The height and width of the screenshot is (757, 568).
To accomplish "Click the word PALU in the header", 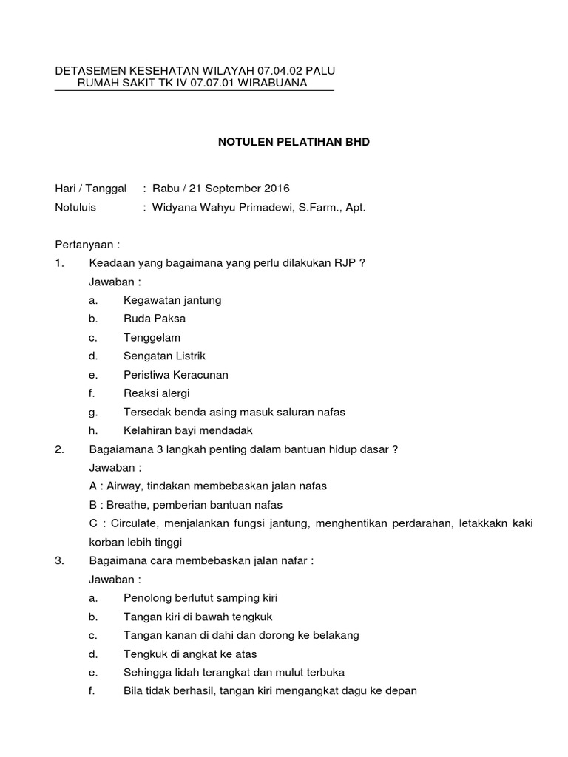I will click(320, 71).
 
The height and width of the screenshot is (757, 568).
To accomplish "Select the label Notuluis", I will click(75, 208).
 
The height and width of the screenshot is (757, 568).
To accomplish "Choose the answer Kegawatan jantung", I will click(172, 300).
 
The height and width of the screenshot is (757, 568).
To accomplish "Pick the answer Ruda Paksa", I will click(155, 319).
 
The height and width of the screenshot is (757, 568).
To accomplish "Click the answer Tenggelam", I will click(152, 337).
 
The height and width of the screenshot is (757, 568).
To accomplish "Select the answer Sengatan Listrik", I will click(165, 356).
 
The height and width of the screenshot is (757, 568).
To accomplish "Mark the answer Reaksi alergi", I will click(157, 393).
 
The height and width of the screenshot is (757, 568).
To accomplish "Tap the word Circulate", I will click(131, 523).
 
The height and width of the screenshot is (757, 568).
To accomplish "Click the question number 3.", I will click(59, 560).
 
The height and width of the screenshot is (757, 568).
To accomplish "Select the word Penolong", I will click(146, 598).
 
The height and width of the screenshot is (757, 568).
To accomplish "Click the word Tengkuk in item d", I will click(145, 654).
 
